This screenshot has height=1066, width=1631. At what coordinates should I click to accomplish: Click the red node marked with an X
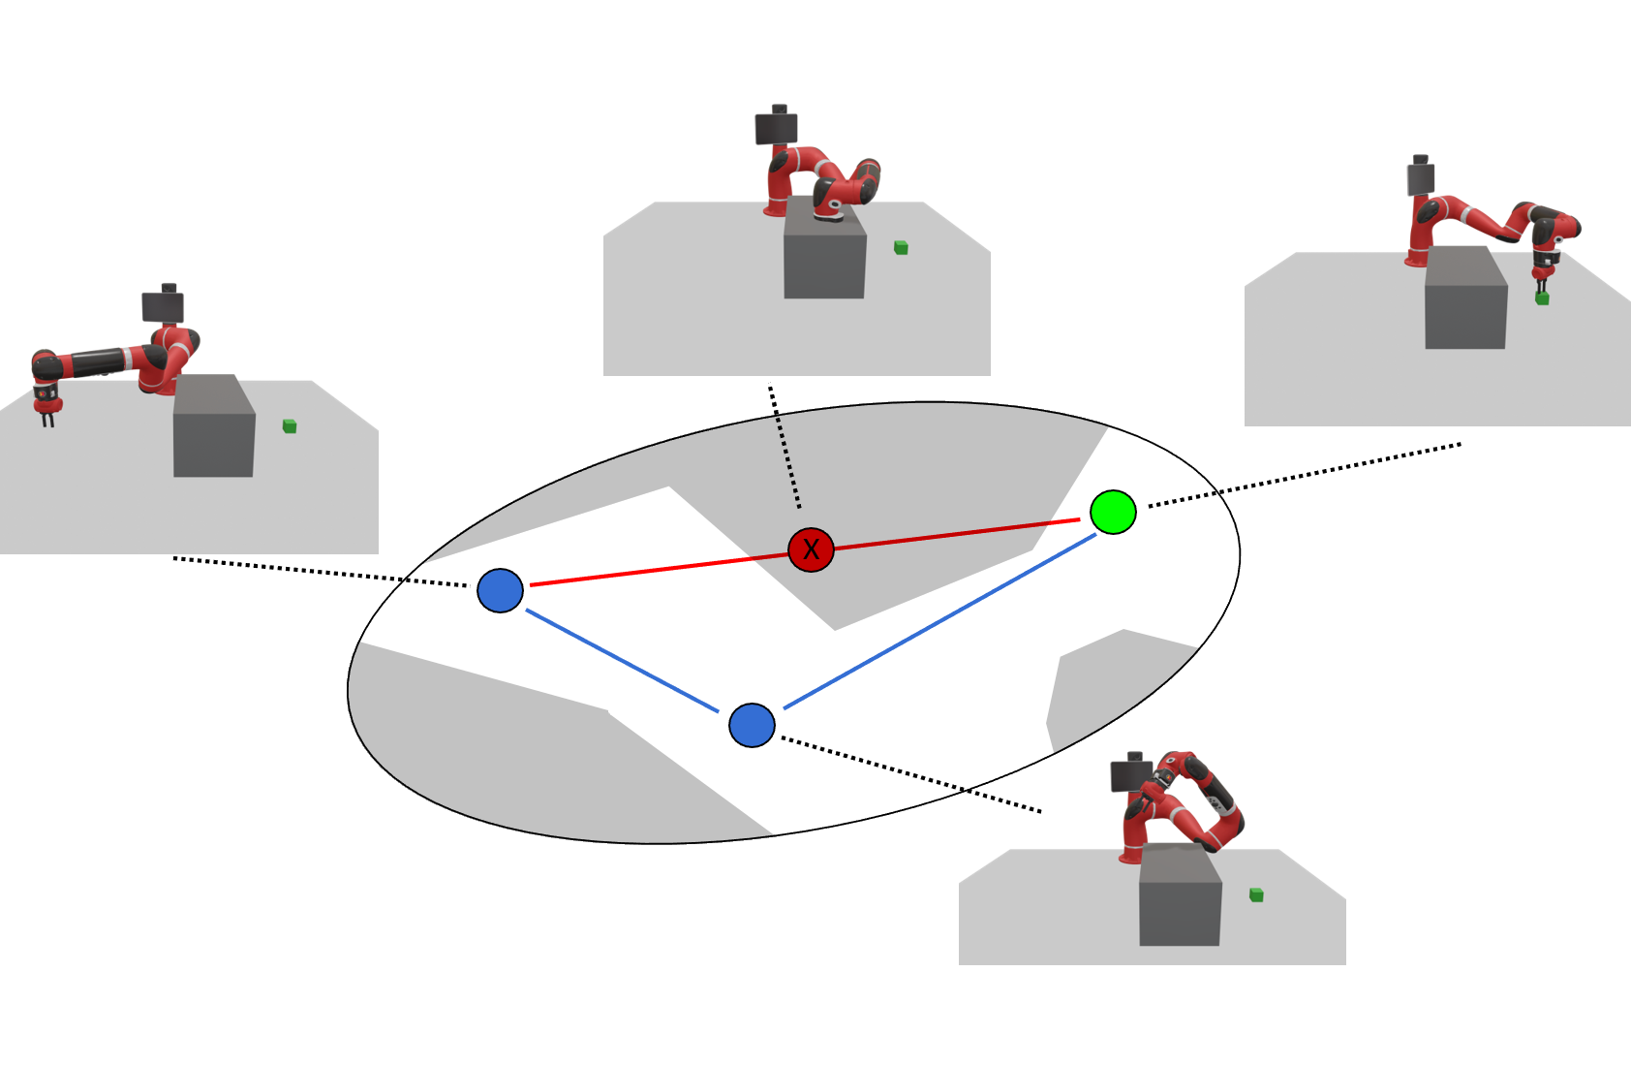811,549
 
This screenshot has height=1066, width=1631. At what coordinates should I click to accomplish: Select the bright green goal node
1113,512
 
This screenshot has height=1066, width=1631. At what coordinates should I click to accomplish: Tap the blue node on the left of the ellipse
500,590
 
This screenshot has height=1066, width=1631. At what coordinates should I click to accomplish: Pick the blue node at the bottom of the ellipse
752,725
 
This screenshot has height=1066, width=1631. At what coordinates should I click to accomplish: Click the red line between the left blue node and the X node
659,570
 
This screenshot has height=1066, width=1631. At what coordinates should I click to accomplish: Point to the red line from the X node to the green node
959,534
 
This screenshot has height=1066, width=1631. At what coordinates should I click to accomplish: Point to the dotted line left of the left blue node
320,572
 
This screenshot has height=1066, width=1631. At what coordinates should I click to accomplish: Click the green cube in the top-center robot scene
901,248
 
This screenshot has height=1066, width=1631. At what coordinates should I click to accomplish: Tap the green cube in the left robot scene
290,426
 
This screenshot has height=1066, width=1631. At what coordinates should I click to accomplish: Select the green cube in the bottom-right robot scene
1256,894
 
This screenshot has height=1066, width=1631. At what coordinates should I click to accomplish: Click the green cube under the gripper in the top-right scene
1542,298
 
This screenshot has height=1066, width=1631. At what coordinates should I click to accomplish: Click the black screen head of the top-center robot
776,127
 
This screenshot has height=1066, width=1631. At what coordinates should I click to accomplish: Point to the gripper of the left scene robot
46,407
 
